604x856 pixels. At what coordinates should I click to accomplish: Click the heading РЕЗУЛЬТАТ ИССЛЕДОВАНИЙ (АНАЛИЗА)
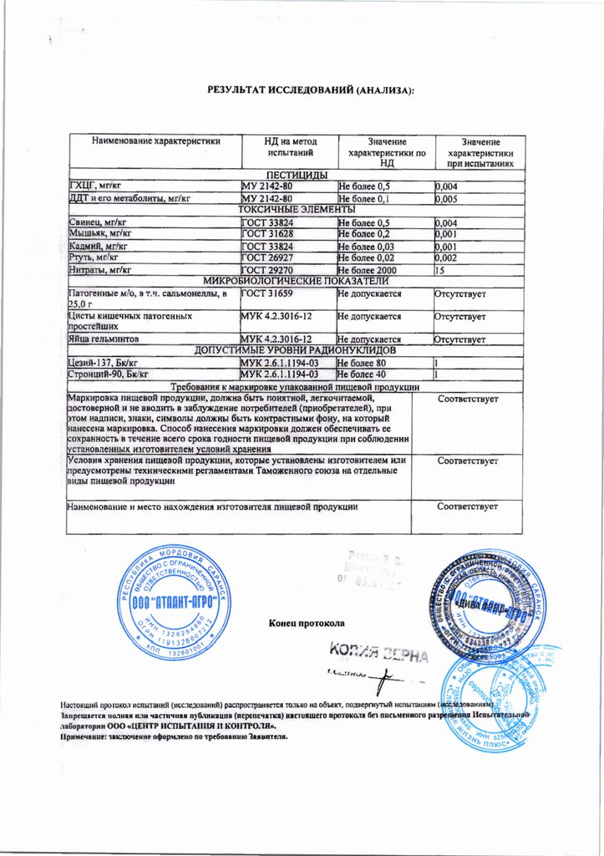pos(311,90)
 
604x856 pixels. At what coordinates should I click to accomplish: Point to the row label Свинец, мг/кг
pos(99,222)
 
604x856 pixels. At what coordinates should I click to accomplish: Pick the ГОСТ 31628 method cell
pos(266,235)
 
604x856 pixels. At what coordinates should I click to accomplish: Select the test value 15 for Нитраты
pos(441,270)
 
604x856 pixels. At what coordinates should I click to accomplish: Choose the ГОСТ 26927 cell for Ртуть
pos(266,258)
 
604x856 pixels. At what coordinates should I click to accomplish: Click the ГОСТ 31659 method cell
pos(266,294)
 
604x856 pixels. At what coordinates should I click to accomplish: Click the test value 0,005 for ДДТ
pos(448,198)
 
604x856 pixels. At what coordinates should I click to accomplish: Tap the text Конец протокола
pos(306,623)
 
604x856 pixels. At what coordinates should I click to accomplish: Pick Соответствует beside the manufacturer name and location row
pos(468,507)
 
